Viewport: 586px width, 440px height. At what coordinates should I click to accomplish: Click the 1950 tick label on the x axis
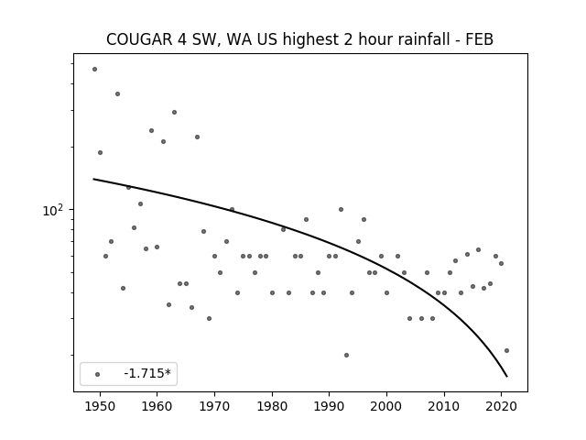click(100, 406)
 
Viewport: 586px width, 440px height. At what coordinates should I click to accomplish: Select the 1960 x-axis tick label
click(157, 406)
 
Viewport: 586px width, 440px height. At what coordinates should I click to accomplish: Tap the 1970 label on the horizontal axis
click(214, 406)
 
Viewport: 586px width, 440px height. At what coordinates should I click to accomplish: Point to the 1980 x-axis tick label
click(272, 406)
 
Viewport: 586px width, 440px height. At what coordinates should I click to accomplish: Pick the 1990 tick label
click(330, 406)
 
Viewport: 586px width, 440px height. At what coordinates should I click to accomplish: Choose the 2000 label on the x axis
click(386, 406)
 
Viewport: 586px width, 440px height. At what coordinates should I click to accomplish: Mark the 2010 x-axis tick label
click(444, 406)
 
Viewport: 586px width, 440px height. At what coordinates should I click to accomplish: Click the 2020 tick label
click(502, 406)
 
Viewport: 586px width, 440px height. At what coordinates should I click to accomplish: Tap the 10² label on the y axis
click(53, 211)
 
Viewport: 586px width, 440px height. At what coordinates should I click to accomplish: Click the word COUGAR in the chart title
click(139, 39)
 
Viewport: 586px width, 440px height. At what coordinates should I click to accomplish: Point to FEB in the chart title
click(480, 39)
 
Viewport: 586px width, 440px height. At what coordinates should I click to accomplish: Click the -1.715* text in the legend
click(147, 373)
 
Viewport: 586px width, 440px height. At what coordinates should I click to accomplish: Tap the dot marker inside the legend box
click(98, 374)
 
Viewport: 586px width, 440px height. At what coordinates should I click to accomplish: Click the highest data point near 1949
click(94, 70)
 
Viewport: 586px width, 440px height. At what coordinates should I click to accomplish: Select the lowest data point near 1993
click(346, 355)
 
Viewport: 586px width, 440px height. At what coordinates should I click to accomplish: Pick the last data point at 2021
click(506, 350)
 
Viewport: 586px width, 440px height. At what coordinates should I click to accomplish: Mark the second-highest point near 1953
click(117, 93)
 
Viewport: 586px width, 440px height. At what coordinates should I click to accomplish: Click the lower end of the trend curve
click(507, 377)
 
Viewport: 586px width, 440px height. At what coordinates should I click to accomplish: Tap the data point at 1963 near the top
click(174, 112)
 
